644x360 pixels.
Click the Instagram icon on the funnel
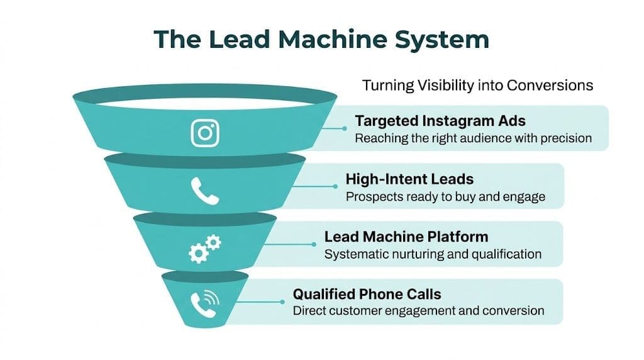205,133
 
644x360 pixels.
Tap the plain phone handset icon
205,191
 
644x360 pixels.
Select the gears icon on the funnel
205,249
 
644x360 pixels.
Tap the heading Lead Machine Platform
406,237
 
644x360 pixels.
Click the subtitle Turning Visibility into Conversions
478,85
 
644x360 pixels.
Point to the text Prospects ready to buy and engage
445,196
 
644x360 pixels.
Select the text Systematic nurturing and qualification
433,254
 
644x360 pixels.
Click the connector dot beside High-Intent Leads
335,186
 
